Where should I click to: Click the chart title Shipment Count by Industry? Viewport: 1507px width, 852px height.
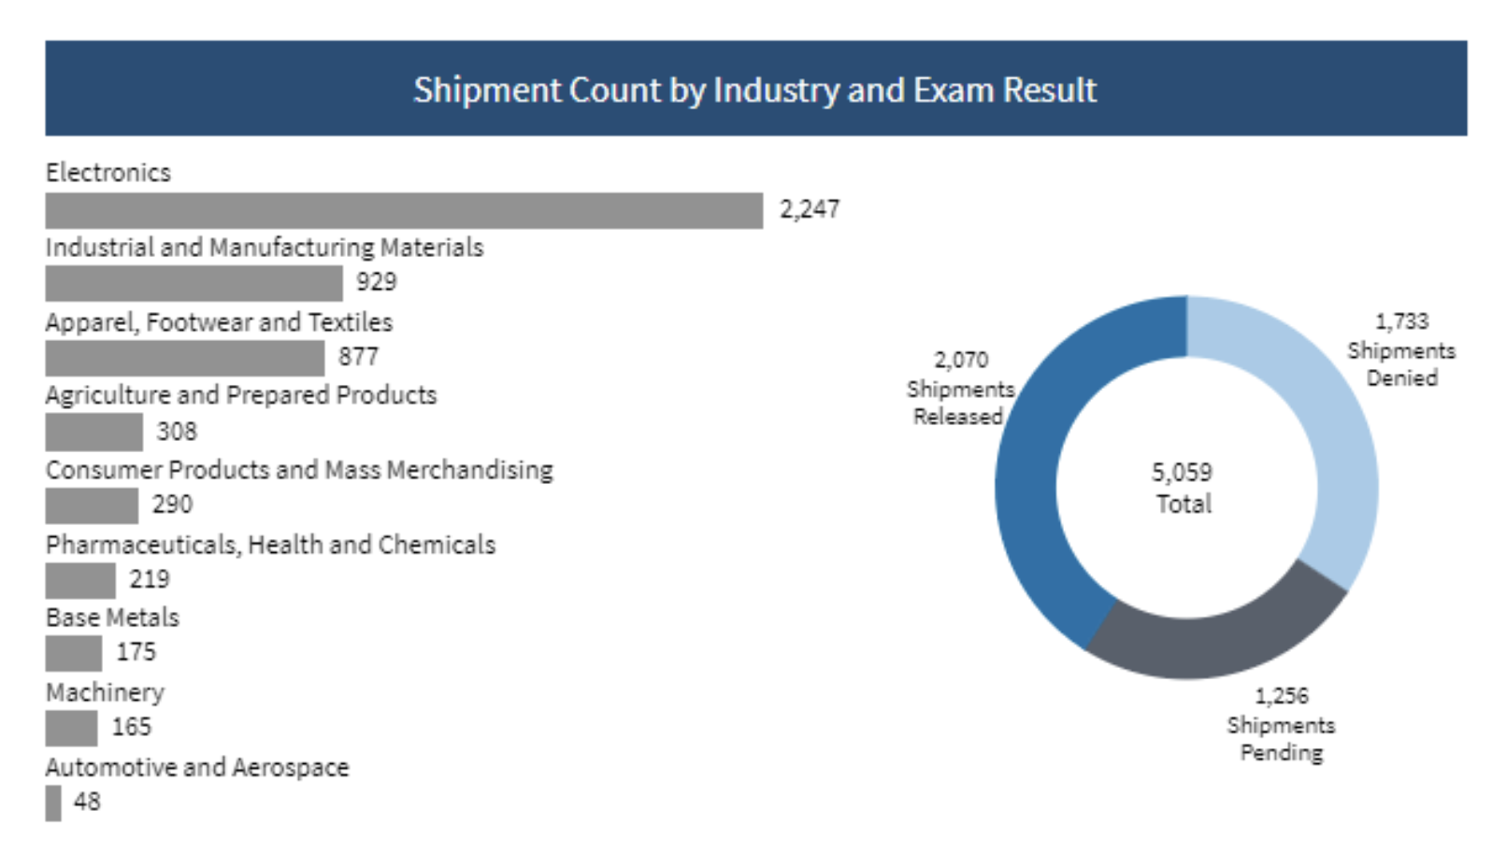tap(754, 90)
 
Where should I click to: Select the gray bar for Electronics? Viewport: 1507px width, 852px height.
tap(404, 210)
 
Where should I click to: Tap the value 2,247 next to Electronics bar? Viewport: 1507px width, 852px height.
tap(809, 209)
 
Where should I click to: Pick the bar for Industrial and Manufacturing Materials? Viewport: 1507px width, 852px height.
tap(194, 283)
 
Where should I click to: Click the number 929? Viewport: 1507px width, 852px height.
tap(376, 282)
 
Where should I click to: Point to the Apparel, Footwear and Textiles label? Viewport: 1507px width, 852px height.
tap(219, 322)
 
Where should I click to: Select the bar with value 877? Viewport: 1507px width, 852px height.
tap(184, 358)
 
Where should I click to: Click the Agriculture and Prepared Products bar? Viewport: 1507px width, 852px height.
tap(93, 432)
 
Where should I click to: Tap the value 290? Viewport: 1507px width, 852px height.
tap(172, 504)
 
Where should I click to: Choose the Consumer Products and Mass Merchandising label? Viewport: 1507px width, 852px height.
tap(299, 470)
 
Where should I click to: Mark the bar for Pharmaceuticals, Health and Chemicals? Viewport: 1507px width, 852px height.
tap(80, 580)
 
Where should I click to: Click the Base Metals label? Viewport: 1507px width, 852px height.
tap(112, 618)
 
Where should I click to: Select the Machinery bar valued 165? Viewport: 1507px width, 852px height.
tap(71, 728)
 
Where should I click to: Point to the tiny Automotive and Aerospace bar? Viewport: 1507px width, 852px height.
tap(53, 802)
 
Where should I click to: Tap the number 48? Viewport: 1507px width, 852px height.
tap(87, 802)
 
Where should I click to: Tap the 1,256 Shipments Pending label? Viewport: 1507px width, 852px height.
tap(1281, 724)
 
